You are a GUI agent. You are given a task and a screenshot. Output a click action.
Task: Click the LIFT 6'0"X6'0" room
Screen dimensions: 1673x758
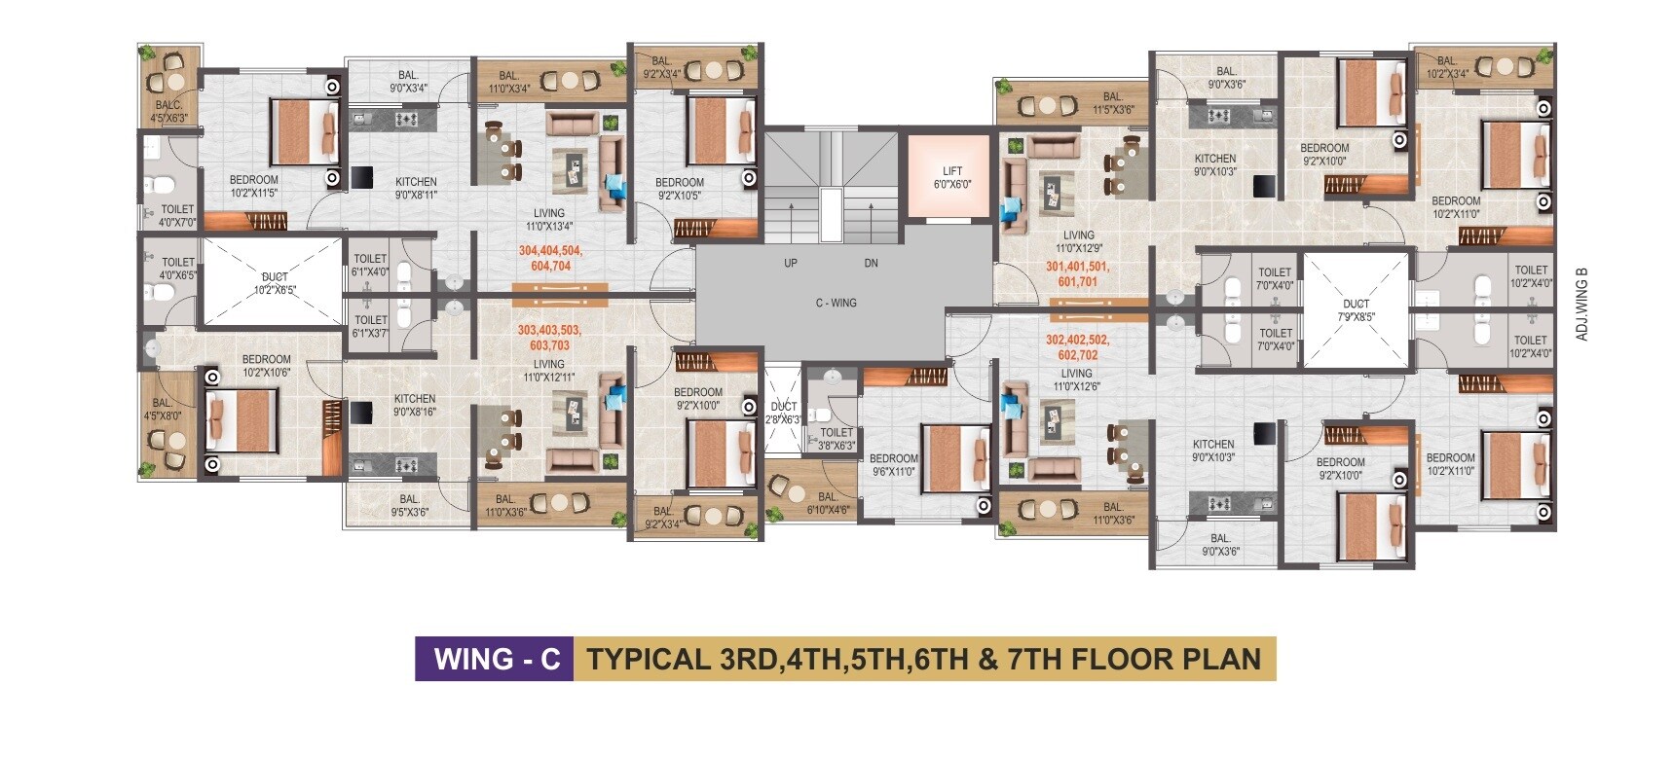tap(951, 177)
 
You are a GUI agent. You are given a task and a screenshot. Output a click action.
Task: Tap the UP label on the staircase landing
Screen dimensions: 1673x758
tap(791, 264)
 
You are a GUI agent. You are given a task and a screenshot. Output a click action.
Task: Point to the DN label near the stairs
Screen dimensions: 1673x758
tap(871, 264)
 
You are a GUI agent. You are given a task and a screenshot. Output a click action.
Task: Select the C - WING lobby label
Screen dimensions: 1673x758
tap(836, 304)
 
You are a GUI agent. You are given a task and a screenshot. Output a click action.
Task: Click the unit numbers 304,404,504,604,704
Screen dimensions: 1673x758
tap(550, 258)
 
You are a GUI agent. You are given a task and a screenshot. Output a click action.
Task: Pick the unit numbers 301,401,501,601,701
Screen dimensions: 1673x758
tap(1078, 274)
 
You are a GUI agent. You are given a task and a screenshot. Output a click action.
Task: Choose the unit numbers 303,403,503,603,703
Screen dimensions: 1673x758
tap(549, 338)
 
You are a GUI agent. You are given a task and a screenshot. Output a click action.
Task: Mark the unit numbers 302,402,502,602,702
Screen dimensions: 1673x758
tap(1077, 347)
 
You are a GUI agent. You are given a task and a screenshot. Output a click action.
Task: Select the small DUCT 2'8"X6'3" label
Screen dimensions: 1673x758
tap(784, 413)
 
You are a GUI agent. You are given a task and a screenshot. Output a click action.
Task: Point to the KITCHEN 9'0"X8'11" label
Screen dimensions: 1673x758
tap(416, 188)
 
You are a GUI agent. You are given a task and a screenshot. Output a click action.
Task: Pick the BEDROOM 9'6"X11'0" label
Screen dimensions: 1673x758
tap(893, 465)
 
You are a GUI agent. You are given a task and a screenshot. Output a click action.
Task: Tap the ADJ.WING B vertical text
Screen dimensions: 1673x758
tap(1581, 304)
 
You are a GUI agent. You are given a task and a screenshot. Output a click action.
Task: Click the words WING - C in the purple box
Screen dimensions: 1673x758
tap(497, 659)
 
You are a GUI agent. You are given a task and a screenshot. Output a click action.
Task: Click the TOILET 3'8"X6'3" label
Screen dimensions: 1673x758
tap(836, 439)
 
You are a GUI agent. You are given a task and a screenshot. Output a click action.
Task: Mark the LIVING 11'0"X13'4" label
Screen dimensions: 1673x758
tap(549, 220)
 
